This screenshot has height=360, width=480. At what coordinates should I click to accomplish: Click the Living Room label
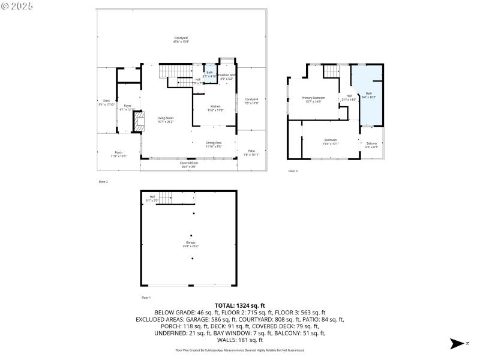(165, 119)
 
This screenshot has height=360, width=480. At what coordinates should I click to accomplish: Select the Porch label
(118, 154)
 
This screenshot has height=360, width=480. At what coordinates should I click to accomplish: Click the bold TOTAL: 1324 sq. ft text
(239, 306)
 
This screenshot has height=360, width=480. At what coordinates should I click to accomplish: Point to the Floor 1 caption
(146, 298)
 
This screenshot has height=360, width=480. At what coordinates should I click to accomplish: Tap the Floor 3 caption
(292, 171)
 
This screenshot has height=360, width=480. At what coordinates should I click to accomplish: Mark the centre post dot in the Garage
(191, 236)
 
